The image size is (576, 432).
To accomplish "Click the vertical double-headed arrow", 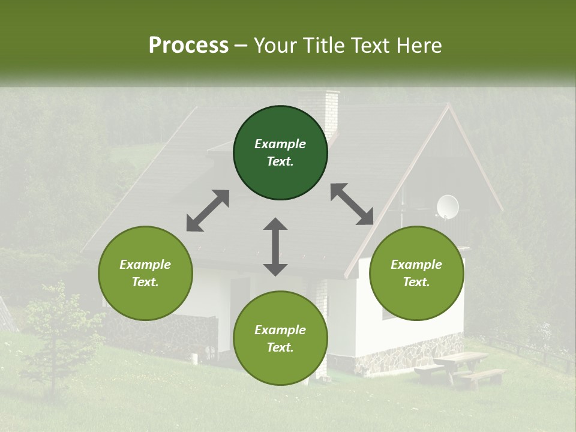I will click(275, 247).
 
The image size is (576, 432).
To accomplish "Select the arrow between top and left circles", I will click(208, 211).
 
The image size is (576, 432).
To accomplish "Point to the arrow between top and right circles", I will click(352, 205).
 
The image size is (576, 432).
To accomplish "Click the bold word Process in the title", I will click(188, 46).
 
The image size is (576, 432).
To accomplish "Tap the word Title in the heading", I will click(324, 46).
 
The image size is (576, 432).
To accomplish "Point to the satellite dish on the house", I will click(447, 206).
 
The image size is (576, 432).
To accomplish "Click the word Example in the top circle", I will click(280, 144).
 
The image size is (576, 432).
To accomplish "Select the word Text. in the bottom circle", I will click(280, 347).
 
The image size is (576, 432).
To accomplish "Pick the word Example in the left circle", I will click(145, 265).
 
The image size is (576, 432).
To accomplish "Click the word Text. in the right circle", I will click(416, 282).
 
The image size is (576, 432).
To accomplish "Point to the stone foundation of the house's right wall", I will click(408, 357).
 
